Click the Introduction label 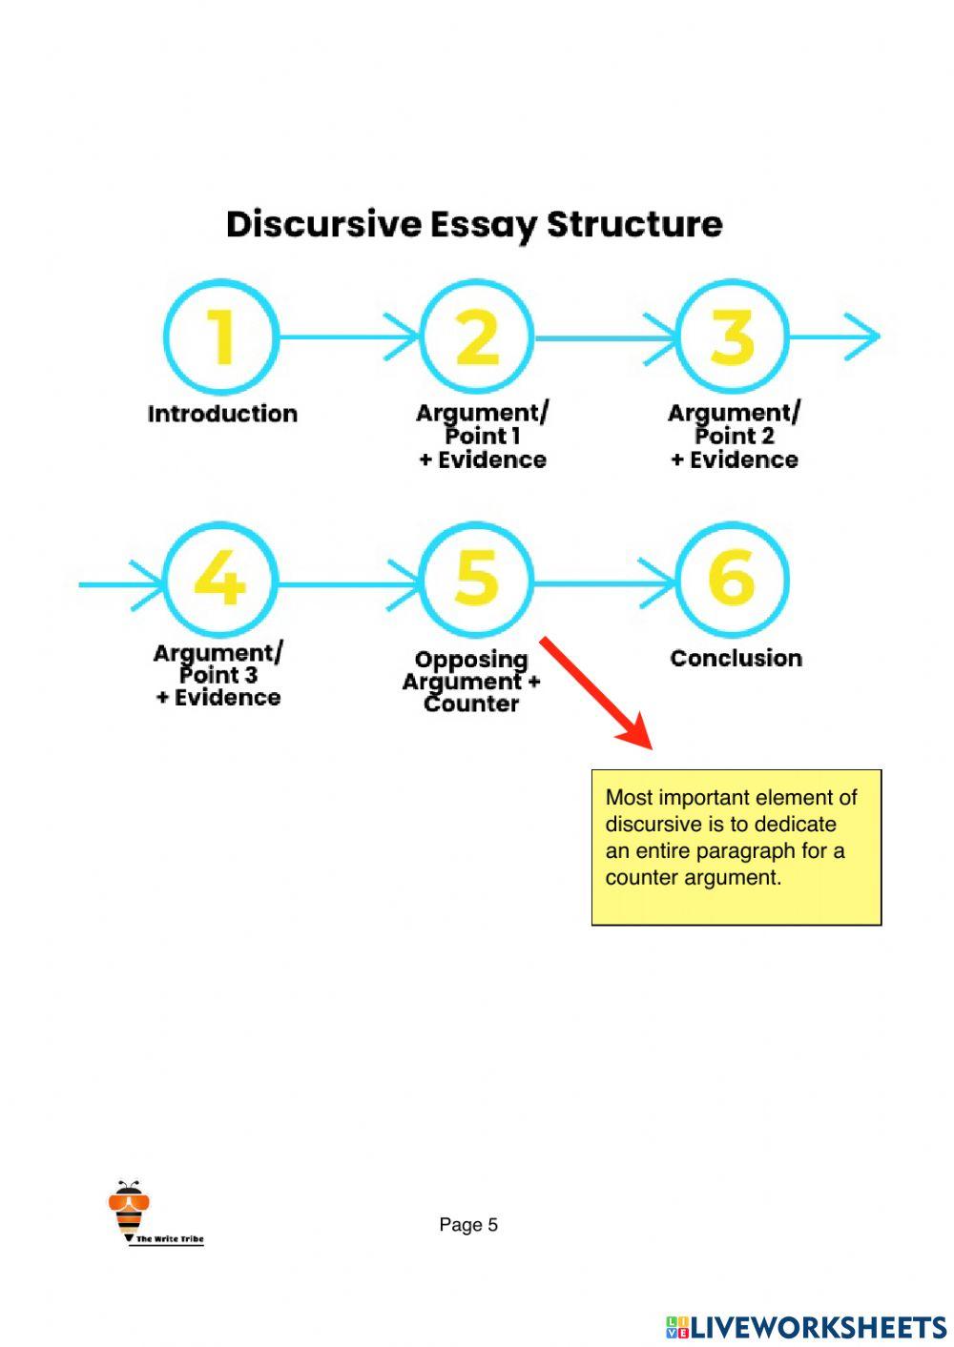click(222, 414)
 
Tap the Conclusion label click(736, 658)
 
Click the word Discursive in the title click(323, 224)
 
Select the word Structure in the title click(634, 224)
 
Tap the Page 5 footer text click(468, 1225)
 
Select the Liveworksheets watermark click(806, 1328)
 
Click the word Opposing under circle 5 click(471, 660)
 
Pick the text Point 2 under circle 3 click(735, 436)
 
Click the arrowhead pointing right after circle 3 click(862, 337)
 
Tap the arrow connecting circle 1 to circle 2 click(349, 337)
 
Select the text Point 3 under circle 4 click(218, 675)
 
